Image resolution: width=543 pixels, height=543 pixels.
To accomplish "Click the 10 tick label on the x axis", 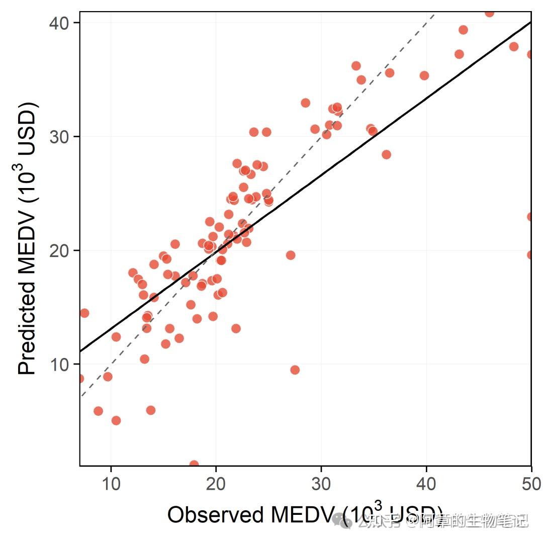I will pyautogui.click(x=111, y=484).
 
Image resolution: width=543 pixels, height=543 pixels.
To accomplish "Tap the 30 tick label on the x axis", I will pyautogui.click(x=321, y=484).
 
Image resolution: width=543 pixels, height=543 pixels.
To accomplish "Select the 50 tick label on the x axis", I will pyautogui.click(x=531, y=484).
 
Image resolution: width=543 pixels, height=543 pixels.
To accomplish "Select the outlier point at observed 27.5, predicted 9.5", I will pyautogui.click(x=295, y=370).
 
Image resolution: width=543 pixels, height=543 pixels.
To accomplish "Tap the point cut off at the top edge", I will pyautogui.click(x=489, y=13).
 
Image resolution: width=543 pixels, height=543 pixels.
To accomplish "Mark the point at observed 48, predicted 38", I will pyautogui.click(x=513, y=47).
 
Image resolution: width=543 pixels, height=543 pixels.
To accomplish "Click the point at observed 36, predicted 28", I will pyautogui.click(x=386, y=154).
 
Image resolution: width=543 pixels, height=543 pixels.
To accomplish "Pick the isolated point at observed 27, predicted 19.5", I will pyautogui.click(x=290, y=255).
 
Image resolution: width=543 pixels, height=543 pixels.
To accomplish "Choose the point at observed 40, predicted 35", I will pyautogui.click(x=424, y=75).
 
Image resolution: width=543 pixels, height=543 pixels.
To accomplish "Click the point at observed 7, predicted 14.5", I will pyautogui.click(x=84, y=313).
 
